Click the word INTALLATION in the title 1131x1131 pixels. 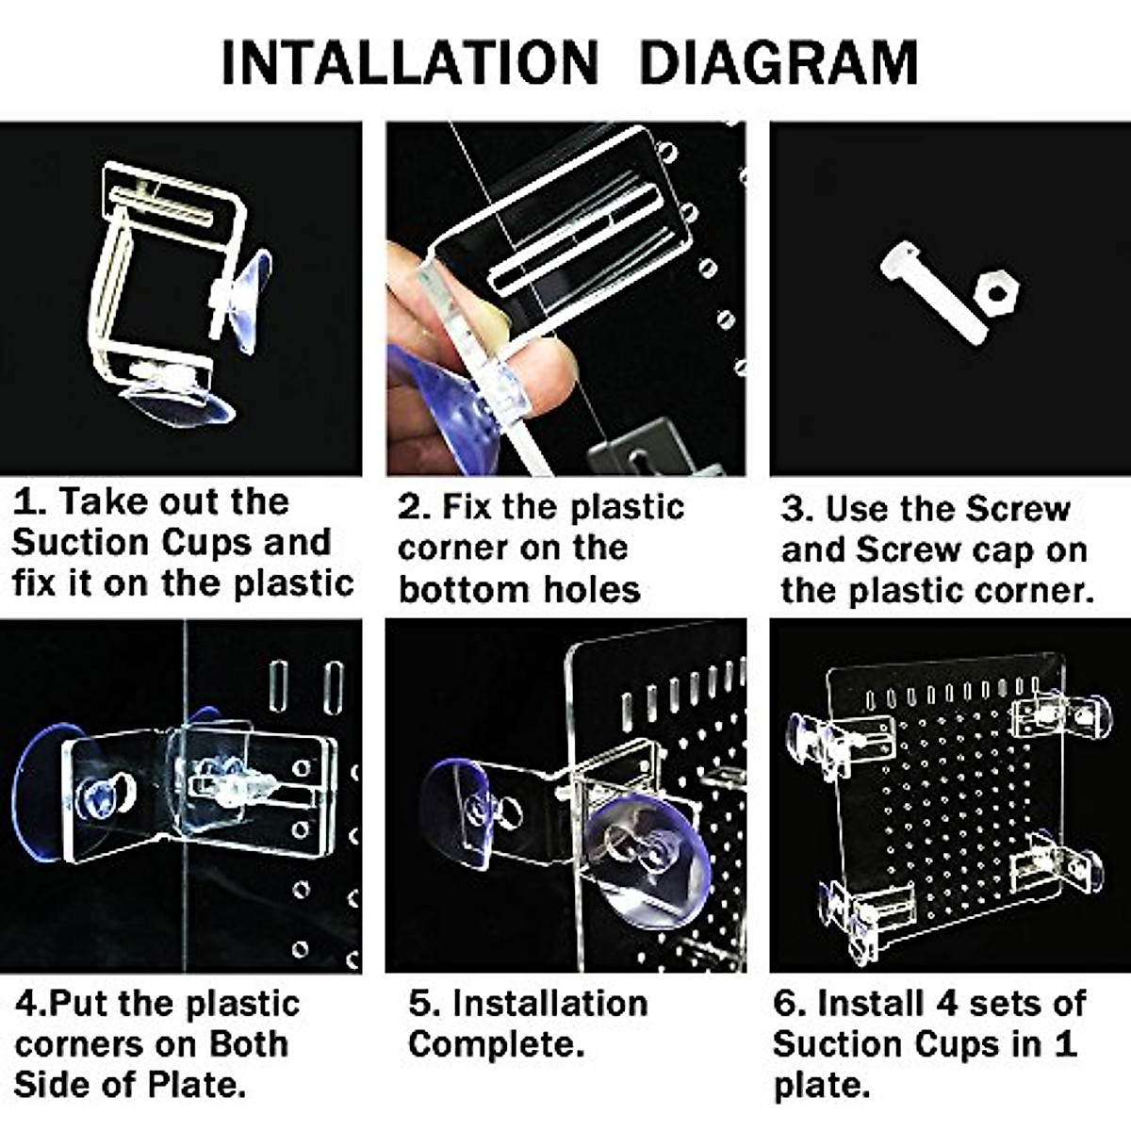point(409,63)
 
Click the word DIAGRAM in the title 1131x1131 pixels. point(778,63)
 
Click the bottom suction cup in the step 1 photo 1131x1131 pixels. point(179,401)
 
